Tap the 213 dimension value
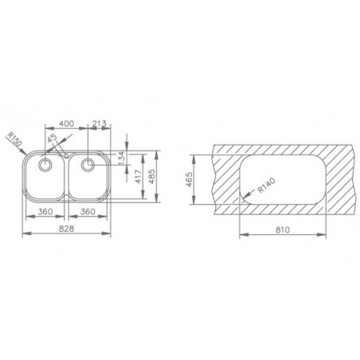click(100, 124)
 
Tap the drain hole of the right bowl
click(87, 165)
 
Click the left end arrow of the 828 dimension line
click(21, 235)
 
